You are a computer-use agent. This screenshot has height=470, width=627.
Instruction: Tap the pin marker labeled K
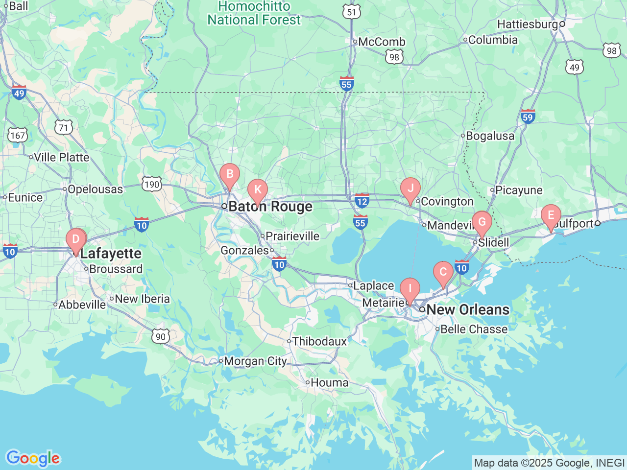point(257,190)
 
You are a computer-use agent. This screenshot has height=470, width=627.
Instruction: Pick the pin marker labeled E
point(551,216)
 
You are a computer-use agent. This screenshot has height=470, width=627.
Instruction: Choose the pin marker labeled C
point(443,273)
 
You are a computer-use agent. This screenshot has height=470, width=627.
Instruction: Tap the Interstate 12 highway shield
point(362,201)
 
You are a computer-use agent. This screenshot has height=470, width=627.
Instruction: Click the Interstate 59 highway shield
point(528,117)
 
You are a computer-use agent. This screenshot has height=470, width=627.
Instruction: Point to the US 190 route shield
point(152,184)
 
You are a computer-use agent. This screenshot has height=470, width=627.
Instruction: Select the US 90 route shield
point(161,336)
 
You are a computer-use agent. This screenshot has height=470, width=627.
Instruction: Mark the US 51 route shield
point(352,12)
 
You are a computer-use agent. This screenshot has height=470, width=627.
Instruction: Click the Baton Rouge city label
point(270,207)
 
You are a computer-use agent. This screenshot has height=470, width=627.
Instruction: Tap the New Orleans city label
point(468,309)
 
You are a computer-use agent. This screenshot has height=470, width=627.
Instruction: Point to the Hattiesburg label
point(528,24)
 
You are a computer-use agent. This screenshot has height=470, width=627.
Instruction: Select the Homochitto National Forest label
point(254,13)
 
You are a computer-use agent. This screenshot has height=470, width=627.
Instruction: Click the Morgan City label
point(255,361)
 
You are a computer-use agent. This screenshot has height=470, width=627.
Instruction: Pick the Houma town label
point(329,382)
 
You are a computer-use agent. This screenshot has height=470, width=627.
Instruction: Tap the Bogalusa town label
point(490,136)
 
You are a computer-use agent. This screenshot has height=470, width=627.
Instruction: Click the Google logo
point(32,458)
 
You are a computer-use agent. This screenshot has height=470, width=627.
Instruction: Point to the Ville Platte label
point(62,157)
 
